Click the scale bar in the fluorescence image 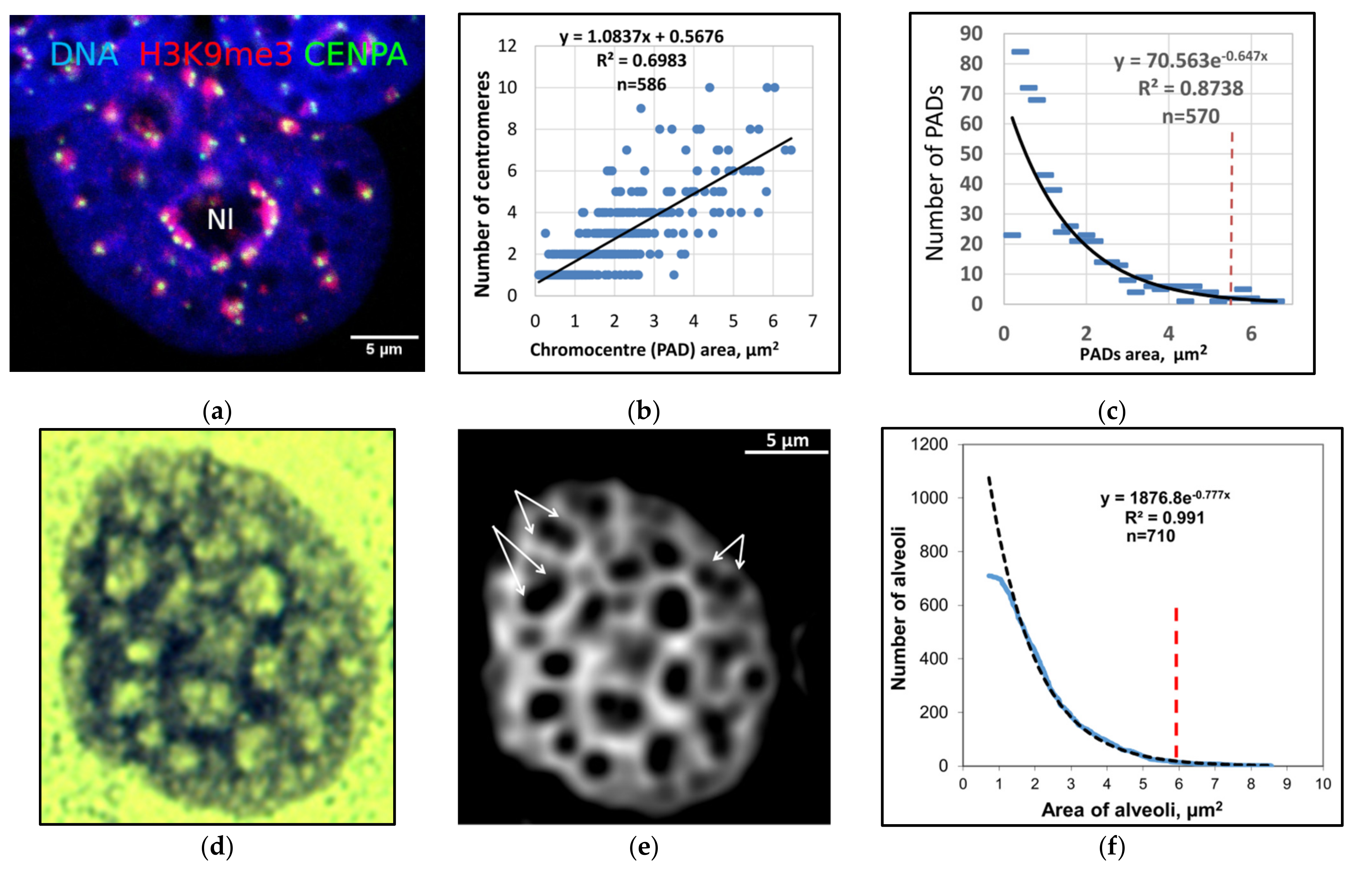click(384, 337)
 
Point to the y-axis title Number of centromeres click(482, 184)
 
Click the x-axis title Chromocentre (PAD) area click(654, 350)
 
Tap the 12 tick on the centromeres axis click(507, 46)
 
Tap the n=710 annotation click(1150, 536)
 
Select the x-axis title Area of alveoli click(1131, 810)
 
